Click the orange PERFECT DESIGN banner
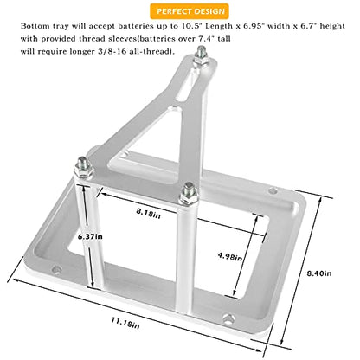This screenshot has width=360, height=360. coord(190,11)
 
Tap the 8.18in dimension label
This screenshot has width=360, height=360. coord(148,213)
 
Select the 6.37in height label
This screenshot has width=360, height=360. coord(90,236)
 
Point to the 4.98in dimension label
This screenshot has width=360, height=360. coord(229,256)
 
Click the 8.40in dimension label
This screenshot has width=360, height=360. coord(319,273)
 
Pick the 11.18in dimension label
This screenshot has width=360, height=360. coord(125,323)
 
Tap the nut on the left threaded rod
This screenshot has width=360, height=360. coord(83,171)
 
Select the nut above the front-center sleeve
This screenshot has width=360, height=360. coord(189,198)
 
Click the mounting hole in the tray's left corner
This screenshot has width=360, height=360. coord(57,270)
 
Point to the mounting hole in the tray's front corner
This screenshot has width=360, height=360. coord(228,319)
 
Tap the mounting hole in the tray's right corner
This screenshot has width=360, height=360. coord(273,190)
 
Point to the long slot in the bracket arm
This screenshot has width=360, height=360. coord(188,87)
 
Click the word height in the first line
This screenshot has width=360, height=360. coord(332,26)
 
